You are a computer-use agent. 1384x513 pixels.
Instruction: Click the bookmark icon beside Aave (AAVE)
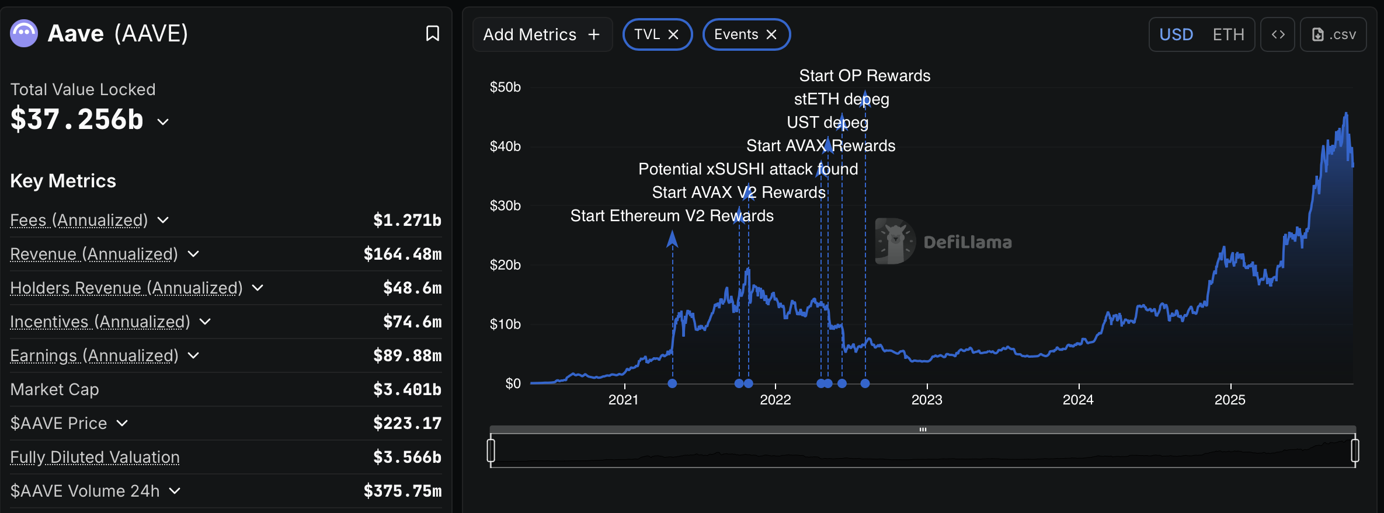click(x=432, y=33)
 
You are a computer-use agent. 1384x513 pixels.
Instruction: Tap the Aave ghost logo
click(x=24, y=33)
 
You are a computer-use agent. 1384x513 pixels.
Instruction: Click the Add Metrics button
click(x=542, y=34)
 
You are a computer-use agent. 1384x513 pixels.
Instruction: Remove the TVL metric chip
click(x=673, y=34)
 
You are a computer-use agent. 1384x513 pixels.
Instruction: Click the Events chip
click(x=736, y=34)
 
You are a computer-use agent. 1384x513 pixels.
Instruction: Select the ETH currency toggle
click(x=1228, y=34)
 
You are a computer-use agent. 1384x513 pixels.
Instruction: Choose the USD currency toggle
click(x=1176, y=34)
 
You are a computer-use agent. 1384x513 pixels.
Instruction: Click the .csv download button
click(x=1334, y=34)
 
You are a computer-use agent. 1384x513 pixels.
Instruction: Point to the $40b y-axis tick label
click(x=505, y=146)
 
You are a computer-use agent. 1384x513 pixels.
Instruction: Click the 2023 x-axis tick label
click(x=927, y=400)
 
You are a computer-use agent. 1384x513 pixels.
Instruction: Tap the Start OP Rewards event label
click(x=864, y=76)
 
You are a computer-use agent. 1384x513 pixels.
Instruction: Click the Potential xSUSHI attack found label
click(x=747, y=169)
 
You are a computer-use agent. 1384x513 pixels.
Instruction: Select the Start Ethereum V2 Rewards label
click(x=672, y=216)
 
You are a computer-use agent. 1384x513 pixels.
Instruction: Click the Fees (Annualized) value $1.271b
click(x=407, y=220)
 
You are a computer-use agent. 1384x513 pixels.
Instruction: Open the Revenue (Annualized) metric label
click(x=94, y=254)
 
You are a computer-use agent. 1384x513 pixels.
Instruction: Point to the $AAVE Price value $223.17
click(x=407, y=423)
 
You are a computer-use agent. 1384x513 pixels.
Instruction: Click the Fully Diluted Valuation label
click(x=95, y=457)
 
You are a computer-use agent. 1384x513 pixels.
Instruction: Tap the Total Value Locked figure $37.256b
click(x=77, y=120)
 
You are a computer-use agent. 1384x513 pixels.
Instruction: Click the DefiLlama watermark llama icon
click(x=895, y=241)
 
